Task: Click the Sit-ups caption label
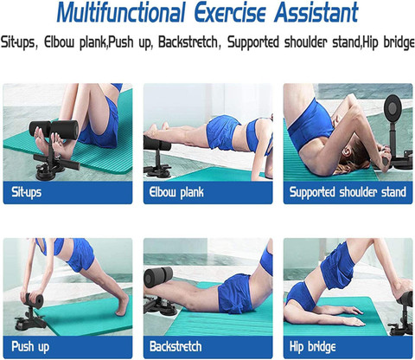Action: click(27, 191)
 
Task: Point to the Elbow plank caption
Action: click(177, 191)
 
